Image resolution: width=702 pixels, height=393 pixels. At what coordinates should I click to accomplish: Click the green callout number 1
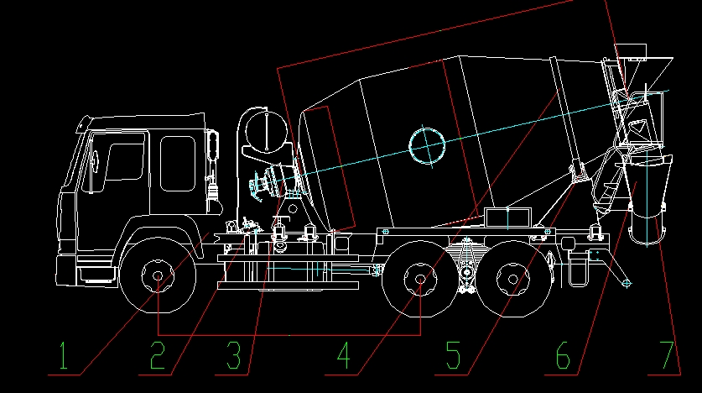64,356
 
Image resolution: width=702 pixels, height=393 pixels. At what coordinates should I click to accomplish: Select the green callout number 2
158,355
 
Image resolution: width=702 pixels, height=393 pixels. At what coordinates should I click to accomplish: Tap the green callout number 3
234,355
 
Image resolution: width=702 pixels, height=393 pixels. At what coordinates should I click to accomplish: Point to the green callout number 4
343,355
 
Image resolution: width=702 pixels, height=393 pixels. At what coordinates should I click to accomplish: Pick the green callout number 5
453,355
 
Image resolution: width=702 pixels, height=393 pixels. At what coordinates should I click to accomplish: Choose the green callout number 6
563,355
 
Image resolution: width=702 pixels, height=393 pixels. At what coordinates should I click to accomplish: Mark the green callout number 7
667,355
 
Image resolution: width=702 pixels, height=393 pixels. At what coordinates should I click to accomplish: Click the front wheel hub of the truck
158,276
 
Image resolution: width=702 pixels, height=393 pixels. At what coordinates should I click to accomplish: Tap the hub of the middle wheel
420,279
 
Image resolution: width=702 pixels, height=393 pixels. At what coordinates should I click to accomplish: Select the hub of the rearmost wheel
513,279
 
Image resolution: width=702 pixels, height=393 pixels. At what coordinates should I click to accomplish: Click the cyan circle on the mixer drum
427,146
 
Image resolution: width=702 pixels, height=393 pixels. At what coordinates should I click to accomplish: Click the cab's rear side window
178,164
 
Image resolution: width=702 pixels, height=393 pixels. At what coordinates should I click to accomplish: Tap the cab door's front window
124,161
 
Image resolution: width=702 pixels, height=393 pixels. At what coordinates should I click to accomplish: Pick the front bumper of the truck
67,271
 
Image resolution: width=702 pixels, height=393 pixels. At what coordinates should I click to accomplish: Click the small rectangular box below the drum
507,217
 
